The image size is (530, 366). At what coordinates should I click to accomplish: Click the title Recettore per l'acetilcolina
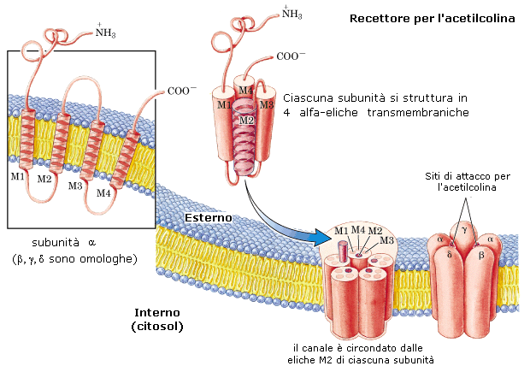coord(432,17)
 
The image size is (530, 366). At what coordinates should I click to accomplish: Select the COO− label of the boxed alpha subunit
coord(180,91)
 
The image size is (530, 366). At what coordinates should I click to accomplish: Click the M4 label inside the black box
coord(103,192)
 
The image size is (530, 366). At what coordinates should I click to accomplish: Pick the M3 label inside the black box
coord(76,185)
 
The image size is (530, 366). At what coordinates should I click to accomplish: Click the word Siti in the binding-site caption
coord(437,175)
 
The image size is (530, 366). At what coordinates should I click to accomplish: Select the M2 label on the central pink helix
coord(246,121)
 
